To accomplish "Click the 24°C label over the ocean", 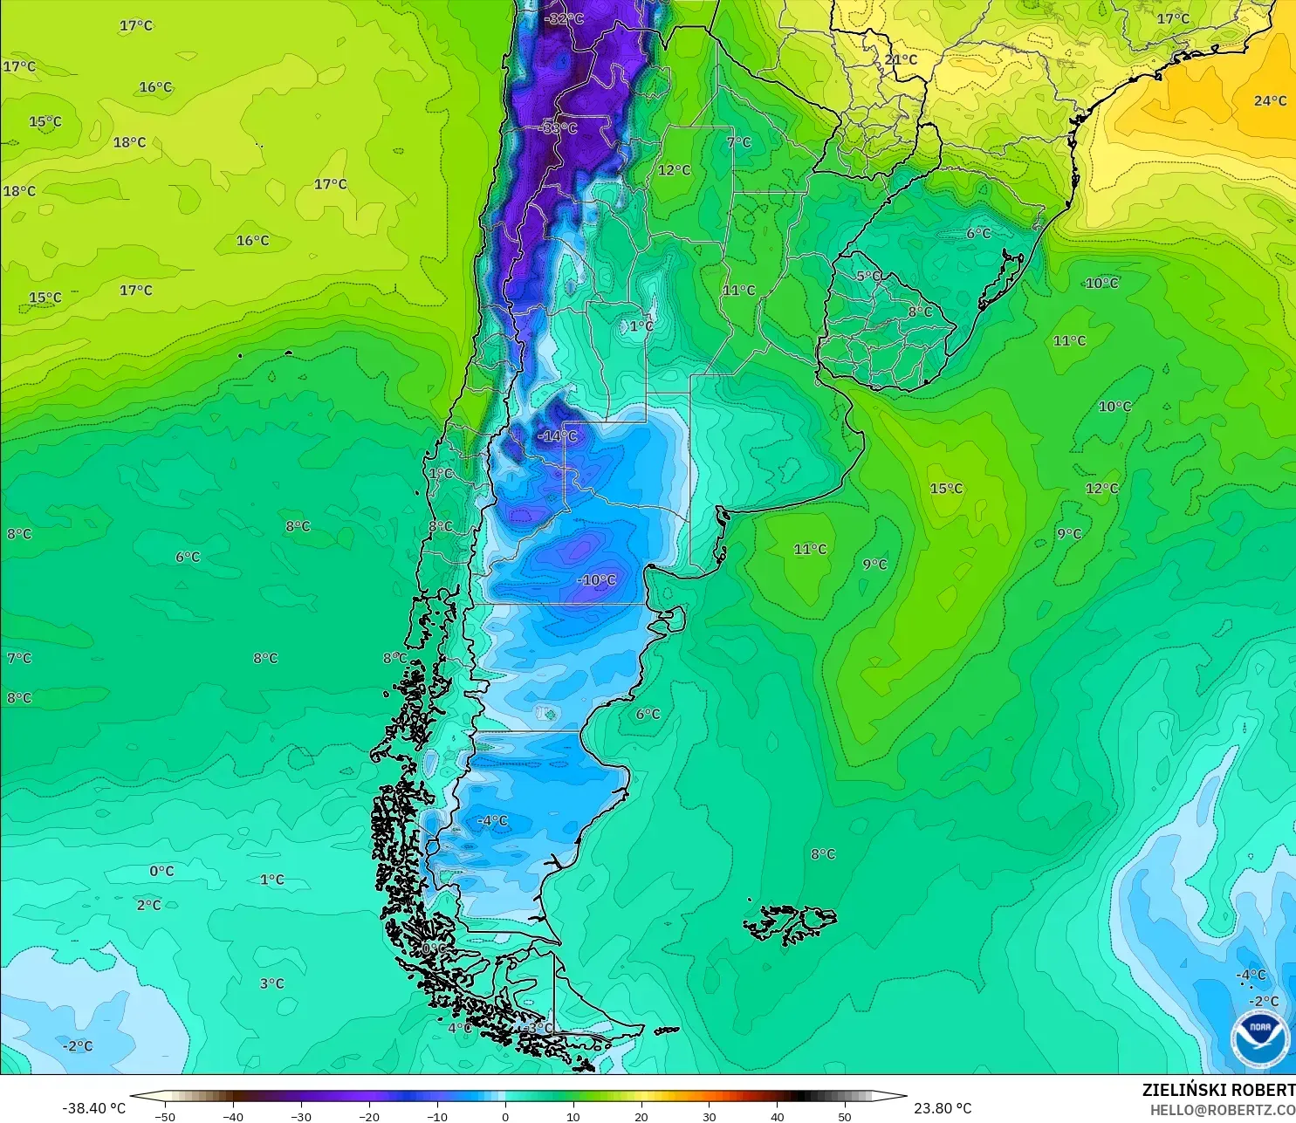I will pos(1270,101).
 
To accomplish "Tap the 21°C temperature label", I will pos(901,60).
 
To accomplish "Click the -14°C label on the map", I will pos(557,435).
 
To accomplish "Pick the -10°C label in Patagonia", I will pos(596,580).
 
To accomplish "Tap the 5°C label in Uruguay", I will pos(867,277).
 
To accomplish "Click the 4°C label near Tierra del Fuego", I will pos(459,1028).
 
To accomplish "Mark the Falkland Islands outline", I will pos(790,923).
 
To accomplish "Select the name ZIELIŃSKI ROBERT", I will pos(1218,1090).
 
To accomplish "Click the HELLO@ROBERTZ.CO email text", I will pos(1222,1110).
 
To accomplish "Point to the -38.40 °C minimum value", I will pos(93,1108).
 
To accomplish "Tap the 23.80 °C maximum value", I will pos(943,1108).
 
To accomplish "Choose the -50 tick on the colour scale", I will pos(164,1116).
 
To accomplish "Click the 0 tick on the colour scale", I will pos(504,1116).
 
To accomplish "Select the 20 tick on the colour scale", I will pos(641,1116).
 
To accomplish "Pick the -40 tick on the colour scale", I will pos(232,1116).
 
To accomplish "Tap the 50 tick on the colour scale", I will pos(844,1116).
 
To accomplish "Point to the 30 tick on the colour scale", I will pos(709,1116).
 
